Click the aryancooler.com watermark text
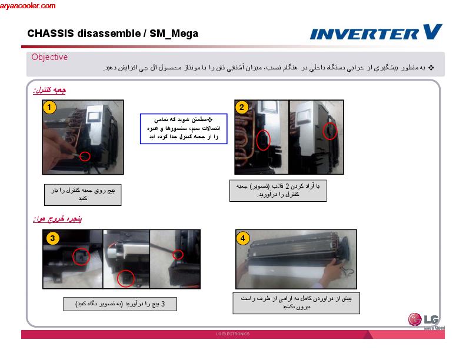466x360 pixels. (x=28, y=6)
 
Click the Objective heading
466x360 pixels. (x=49, y=57)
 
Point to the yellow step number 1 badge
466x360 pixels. (x=50, y=107)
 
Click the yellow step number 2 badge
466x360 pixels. (x=242, y=107)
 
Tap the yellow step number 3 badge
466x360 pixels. (x=52, y=238)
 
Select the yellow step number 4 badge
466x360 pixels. (x=243, y=238)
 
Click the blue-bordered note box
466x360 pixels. (x=183, y=129)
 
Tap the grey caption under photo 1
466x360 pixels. (x=83, y=195)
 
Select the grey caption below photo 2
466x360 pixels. (x=278, y=191)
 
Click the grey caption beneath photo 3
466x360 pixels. (x=119, y=304)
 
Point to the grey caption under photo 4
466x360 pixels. (x=296, y=303)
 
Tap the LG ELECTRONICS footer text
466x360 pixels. (x=233, y=334)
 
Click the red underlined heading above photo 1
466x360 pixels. (x=49, y=90)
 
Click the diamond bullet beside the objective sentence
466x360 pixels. (x=431, y=68)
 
